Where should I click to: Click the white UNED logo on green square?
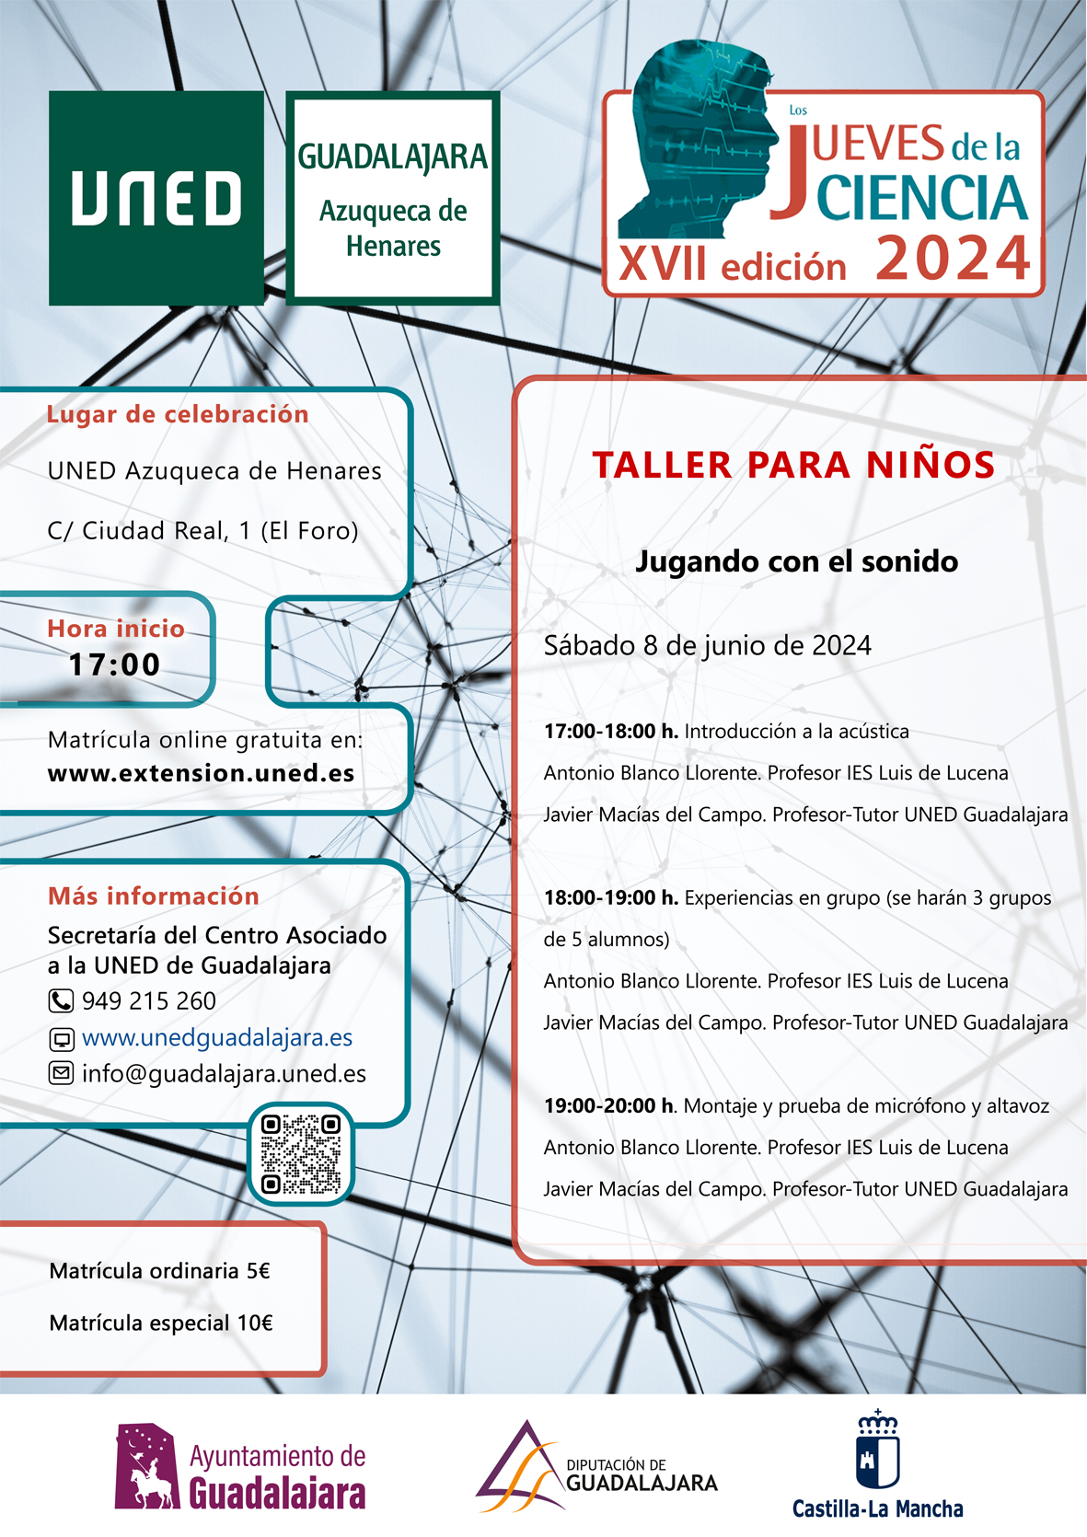pos(156,198)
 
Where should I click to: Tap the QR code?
pos(301,1154)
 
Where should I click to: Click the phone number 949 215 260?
pos(149,1001)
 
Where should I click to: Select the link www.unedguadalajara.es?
pos(217,1038)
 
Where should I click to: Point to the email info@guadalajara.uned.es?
pos(224,1074)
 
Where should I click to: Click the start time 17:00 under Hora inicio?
pos(115,664)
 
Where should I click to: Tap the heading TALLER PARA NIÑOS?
pos(793,466)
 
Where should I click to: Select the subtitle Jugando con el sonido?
pos(797,561)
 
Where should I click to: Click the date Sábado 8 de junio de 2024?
pos(707,646)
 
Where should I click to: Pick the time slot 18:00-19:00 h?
pos(611,898)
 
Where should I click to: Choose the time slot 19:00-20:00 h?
pos(609,1106)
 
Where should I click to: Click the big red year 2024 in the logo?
pos(953,260)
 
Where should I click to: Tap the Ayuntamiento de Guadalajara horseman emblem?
pos(146,1467)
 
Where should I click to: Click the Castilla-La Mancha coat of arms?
pos(877,1450)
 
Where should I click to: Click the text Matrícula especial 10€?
pos(161,1323)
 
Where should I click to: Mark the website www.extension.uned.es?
pos(202,773)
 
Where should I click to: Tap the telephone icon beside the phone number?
pos(61,1001)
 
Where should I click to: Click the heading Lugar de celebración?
pos(178,414)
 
